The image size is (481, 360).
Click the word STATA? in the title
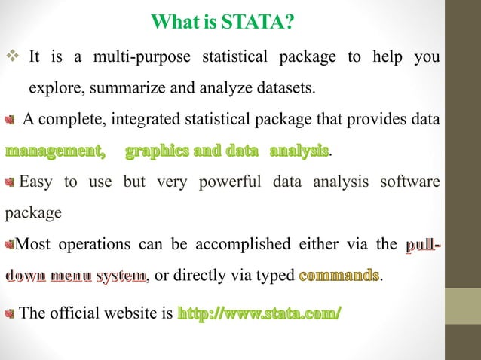(253, 24)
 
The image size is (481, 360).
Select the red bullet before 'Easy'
(10, 182)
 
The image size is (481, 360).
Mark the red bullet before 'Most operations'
(10, 244)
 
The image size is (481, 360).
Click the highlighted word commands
(339, 276)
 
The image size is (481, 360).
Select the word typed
(274, 276)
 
